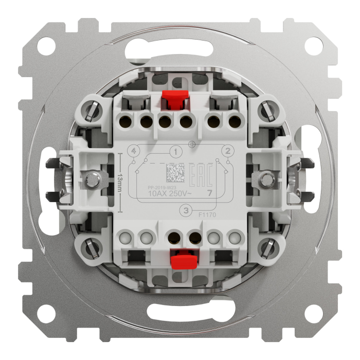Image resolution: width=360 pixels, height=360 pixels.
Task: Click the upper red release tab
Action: pos(175,99)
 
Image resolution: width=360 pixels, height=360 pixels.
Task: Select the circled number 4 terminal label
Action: pos(134,151)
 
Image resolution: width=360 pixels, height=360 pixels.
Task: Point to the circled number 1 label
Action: pos(176,152)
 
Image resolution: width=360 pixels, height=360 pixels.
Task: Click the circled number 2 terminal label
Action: pos(226,151)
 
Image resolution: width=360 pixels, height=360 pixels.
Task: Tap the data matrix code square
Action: pos(175,173)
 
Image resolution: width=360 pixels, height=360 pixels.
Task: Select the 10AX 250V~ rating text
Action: pos(170,194)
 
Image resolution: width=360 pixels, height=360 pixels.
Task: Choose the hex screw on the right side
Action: pos(266,179)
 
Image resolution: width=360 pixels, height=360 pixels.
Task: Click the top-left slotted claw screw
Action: pos(94,110)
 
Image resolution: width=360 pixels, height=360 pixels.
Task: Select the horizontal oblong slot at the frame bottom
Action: pos(179,312)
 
